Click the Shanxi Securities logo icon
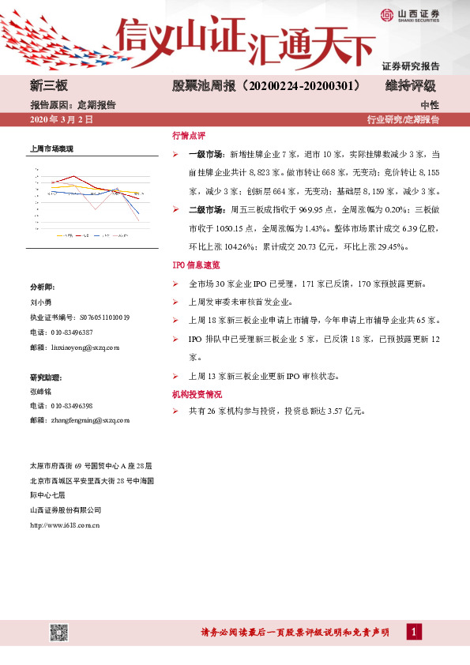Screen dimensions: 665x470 pos(388,15)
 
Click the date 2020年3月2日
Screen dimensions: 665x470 pos(61,120)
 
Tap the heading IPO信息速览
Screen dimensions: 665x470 pos(196,265)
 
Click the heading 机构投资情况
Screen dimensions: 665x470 pos(197,393)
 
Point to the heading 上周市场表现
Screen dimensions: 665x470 pos(51,148)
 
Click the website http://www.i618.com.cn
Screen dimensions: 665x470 pos(65,524)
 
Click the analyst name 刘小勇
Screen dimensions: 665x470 pos(39,302)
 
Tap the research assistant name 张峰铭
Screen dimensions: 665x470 pos(39,391)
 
